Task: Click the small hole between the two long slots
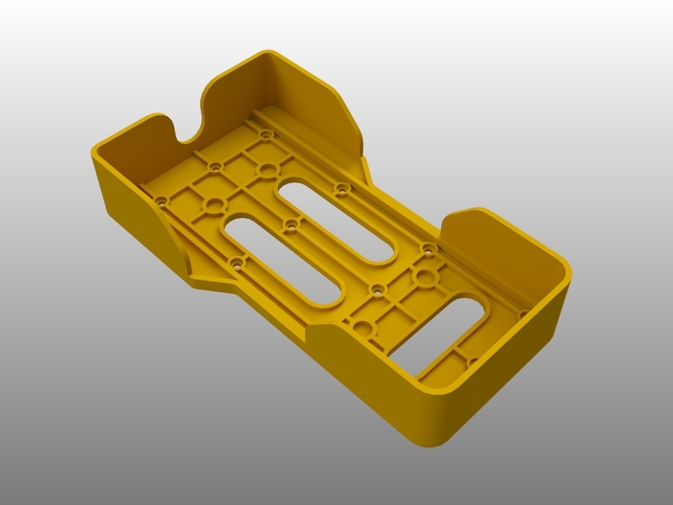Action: [289, 226]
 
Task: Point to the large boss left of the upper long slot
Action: [267, 171]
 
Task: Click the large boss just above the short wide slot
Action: [426, 277]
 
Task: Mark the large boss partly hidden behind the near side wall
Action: [361, 327]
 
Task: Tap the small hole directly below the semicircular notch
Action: [214, 168]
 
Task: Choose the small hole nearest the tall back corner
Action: [266, 135]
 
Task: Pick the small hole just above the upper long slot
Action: [341, 189]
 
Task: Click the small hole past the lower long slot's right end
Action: [377, 289]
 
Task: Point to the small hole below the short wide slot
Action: [473, 362]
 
